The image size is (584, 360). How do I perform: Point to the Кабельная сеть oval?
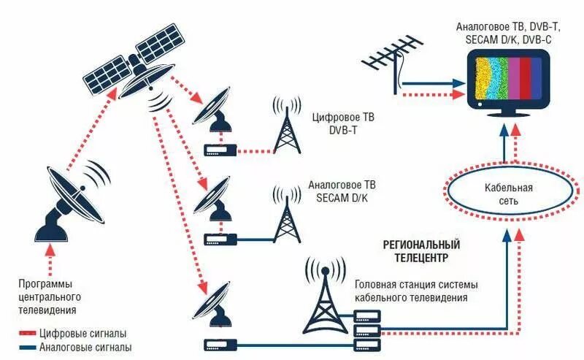coord(509,193)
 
